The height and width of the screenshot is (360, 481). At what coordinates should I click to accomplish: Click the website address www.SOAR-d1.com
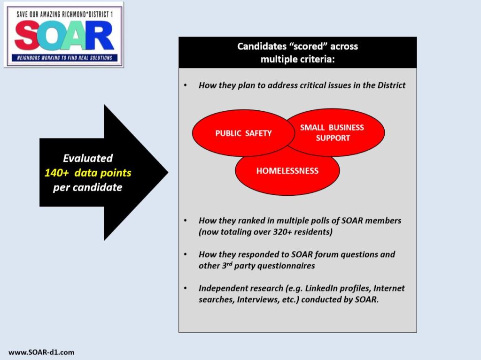point(41,352)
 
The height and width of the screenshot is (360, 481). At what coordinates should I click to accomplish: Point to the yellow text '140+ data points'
point(88,173)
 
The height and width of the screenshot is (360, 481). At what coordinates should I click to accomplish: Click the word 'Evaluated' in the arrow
point(88,158)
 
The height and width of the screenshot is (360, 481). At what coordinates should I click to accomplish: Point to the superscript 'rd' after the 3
point(230,263)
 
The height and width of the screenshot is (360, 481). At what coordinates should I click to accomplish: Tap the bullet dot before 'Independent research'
point(186,288)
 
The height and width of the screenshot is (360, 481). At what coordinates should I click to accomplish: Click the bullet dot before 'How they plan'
point(186,85)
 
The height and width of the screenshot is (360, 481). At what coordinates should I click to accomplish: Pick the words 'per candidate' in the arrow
point(88,187)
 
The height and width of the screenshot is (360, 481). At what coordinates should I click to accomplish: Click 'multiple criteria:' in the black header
point(297,59)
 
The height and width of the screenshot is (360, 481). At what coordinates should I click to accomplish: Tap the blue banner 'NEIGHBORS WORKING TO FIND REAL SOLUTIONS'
point(64,58)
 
